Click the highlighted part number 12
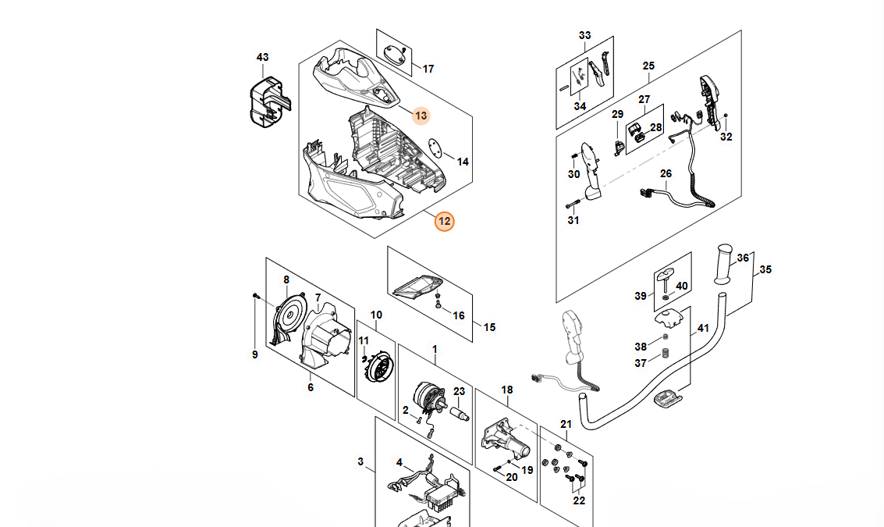444,222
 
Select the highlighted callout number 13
421,116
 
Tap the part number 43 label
262,58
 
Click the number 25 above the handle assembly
648,66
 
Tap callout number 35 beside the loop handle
765,269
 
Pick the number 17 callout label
428,69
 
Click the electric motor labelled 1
428,397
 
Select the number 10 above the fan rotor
376,315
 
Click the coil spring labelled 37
666,352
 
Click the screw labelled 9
256,296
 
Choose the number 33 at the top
585,35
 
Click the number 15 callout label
489,327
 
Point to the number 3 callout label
360,462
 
